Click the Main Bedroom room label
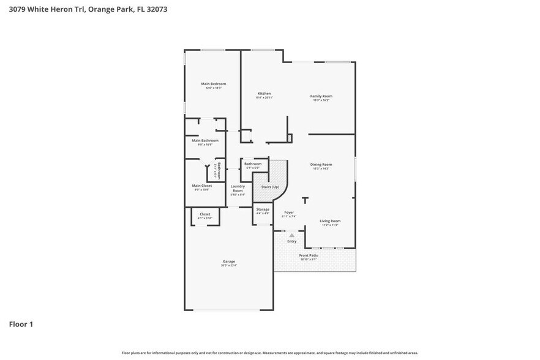(213, 84)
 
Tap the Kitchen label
(264, 94)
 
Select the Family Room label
(321, 96)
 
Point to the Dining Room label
(321, 164)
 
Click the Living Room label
(330, 221)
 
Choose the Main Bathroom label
(205, 141)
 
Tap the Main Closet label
(202, 186)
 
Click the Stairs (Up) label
(270, 187)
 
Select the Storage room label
(263, 209)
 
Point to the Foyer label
(289, 212)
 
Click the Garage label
(229, 261)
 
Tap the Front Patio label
(308, 255)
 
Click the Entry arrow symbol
(292, 235)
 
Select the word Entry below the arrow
(292, 241)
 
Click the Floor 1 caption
(21, 324)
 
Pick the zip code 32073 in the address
(156, 10)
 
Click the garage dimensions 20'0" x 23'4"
(229, 266)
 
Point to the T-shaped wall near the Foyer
(305, 199)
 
